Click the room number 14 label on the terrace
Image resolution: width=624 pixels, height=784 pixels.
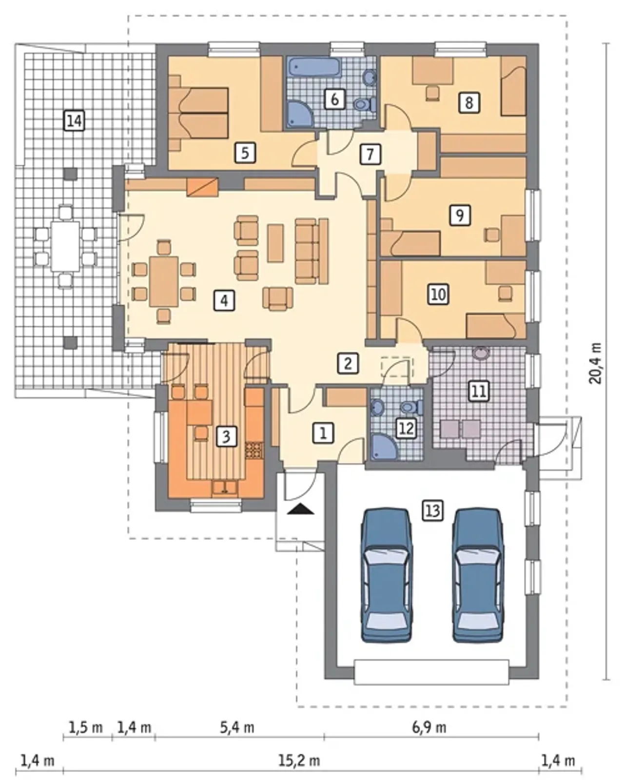coord(75,120)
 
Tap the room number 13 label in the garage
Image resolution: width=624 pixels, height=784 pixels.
coord(432,510)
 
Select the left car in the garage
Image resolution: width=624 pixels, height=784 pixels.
coord(387,575)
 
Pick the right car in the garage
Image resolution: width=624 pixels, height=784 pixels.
coord(478,575)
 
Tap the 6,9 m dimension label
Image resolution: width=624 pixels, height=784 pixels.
coord(429,727)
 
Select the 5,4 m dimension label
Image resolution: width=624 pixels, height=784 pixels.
coord(237,727)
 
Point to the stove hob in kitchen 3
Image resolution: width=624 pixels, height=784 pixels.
coord(253,450)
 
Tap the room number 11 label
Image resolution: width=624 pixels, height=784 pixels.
coord(479,392)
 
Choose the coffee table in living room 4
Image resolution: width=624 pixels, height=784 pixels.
coord(275,243)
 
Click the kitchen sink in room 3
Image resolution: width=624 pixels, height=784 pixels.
coord(225,488)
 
